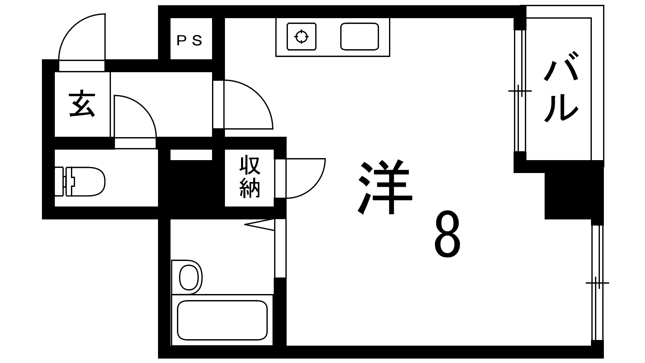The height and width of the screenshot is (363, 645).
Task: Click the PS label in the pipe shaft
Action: pyautogui.click(x=189, y=41)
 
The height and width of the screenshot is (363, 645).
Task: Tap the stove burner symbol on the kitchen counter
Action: pyautogui.click(x=302, y=37)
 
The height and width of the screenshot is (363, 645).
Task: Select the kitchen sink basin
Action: pyautogui.click(x=359, y=37)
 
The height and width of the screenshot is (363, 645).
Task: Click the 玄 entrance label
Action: pyautogui.click(x=82, y=104)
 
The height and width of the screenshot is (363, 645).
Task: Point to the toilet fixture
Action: pyautogui.click(x=80, y=181)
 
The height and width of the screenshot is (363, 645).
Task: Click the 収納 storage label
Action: pyautogui.click(x=250, y=177)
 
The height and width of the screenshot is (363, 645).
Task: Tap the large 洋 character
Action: pyautogui.click(x=385, y=188)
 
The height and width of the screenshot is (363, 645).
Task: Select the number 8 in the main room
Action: pyautogui.click(x=447, y=234)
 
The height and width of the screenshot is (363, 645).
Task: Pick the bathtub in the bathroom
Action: pyautogui.click(x=222, y=320)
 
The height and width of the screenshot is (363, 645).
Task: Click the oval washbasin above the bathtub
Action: pyautogui.click(x=189, y=278)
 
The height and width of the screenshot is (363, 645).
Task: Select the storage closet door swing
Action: pyautogui.click(x=306, y=178)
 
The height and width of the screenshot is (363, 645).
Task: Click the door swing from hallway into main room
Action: pyautogui.click(x=248, y=104)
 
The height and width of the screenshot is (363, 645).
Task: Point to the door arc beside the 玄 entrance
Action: pyautogui.click(x=135, y=116)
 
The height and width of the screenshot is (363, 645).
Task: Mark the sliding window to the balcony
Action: pyautogui.click(x=520, y=91)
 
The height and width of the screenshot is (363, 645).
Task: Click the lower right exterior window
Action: pyautogui.click(x=597, y=283)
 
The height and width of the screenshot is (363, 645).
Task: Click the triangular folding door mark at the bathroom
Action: pyautogui.click(x=259, y=225)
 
